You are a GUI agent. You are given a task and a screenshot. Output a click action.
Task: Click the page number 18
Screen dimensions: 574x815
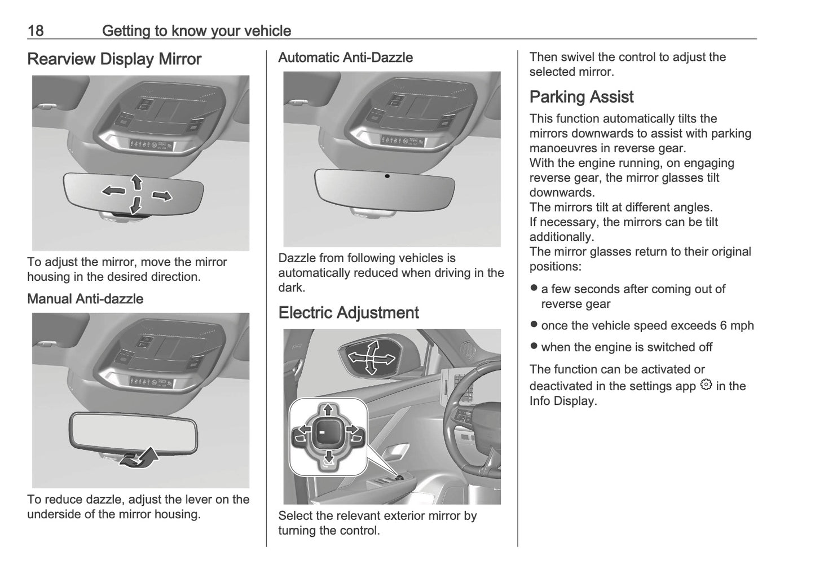pos(35,30)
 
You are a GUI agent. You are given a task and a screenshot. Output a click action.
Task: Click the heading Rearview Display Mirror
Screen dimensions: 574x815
pos(114,59)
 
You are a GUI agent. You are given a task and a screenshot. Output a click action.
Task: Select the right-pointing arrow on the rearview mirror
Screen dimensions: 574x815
pos(162,196)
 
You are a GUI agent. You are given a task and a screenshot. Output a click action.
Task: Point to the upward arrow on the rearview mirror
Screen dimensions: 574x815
pos(136,182)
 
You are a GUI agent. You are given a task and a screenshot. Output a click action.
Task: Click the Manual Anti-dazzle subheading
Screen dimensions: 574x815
pos(85,299)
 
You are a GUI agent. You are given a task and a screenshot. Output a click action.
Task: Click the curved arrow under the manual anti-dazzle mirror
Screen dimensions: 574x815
pos(141,457)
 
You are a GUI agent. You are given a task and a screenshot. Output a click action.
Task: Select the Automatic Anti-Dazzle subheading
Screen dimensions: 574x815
pos(345,58)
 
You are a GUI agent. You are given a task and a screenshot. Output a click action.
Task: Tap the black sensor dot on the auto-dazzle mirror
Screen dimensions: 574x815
pos(387,176)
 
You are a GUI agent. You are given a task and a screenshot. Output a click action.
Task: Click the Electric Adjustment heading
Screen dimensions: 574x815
pos(348,313)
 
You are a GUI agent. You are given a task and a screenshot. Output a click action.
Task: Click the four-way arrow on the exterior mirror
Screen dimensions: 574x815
pos(371,357)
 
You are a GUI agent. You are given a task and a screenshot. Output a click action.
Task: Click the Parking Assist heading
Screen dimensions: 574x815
pos(581,97)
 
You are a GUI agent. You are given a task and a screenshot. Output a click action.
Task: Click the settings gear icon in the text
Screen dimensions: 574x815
pos(706,386)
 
